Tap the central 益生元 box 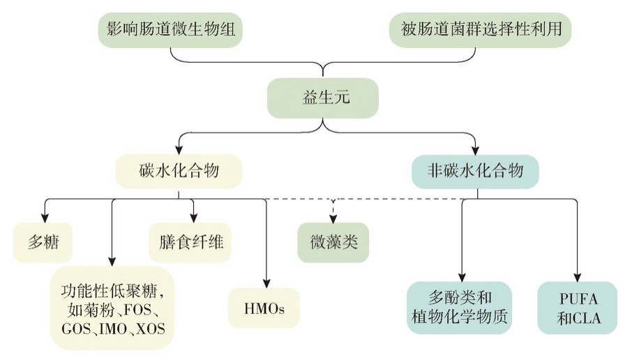322,97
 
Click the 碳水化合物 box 180,169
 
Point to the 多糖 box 44,242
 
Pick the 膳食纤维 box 190,242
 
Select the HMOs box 265,307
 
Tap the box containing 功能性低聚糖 112,307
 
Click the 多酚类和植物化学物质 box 460,307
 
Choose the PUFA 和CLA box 578,307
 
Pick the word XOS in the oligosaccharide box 151,327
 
